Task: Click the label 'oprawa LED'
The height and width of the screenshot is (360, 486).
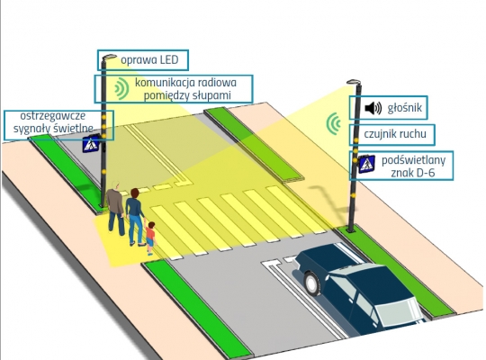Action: pos(149,59)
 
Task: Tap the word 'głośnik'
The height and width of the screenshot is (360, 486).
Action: pos(404,108)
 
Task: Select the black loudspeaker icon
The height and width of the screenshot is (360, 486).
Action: pos(373,108)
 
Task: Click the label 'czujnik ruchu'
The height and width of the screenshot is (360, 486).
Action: pos(395,134)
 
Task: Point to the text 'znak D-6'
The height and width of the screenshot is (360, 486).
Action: pos(412,173)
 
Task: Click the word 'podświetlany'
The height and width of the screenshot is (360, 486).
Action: pos(413,160)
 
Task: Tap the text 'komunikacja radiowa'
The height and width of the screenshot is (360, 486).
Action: pos(185,83)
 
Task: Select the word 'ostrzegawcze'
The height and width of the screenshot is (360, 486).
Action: pos(53,116)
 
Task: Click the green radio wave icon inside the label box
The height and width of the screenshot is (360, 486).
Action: pos(121,89)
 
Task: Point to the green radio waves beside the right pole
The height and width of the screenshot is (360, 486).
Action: pos(333,123)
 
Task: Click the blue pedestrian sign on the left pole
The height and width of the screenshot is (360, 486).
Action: pos(91,143)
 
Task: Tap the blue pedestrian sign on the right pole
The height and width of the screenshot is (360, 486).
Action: pos(366,164)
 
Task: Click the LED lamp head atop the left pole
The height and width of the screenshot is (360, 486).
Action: pos(109,57)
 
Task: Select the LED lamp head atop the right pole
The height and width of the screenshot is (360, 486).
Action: pos(354,82)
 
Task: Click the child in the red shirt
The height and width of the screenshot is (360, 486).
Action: pos(150,238)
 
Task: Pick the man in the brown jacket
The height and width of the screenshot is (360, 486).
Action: pos(115,209)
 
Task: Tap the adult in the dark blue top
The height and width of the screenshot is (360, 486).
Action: pos(135,217)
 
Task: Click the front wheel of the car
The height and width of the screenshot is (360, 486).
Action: pos(311,283)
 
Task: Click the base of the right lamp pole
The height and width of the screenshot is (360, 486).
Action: pos(351,230)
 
